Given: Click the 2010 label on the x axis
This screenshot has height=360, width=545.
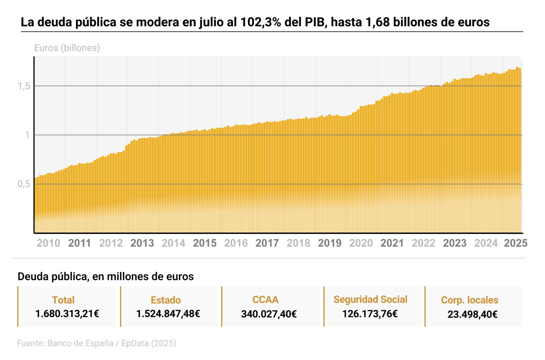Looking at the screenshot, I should point(48,243).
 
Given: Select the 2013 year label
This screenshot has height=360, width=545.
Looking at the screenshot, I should point(142,243).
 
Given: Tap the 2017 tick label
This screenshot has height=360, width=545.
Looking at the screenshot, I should point(267,243).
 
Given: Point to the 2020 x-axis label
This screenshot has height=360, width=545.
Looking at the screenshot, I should point(361,243).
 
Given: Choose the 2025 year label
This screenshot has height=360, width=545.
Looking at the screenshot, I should point(515,243).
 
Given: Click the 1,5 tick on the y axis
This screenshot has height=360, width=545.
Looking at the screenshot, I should point(24,86).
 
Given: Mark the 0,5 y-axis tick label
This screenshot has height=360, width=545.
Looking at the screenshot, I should point(24,184).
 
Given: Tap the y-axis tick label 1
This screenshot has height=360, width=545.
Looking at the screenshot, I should point(27,135).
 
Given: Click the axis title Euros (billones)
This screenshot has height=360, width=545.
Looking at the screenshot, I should point(67,48).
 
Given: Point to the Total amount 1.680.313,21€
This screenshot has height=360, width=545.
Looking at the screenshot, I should point(68,313).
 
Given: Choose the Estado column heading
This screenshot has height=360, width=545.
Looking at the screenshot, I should point(166,300).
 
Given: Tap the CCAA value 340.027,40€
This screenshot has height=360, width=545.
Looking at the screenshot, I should point(269,314).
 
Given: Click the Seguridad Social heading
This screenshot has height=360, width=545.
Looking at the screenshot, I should point(370,300).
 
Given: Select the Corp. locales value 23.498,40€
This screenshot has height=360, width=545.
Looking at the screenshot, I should point(470,314).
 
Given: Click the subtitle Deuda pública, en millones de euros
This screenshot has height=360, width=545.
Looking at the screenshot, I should point(105,276).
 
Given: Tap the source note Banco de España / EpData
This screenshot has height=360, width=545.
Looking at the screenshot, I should point(96,344).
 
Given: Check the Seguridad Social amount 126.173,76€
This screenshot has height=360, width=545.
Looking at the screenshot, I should point(370,313).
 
